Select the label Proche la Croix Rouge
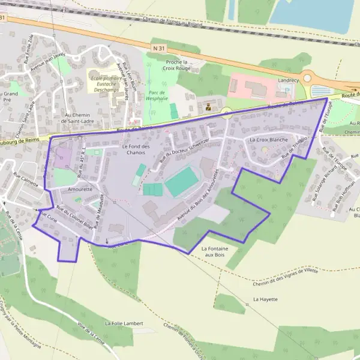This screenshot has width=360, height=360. click(177, 65)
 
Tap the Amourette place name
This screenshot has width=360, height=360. click(80, 189)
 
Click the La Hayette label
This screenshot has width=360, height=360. click(265, 298)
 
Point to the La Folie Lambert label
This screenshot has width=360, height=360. click(124, 323)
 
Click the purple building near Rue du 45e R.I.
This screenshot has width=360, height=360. click(62, 158)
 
